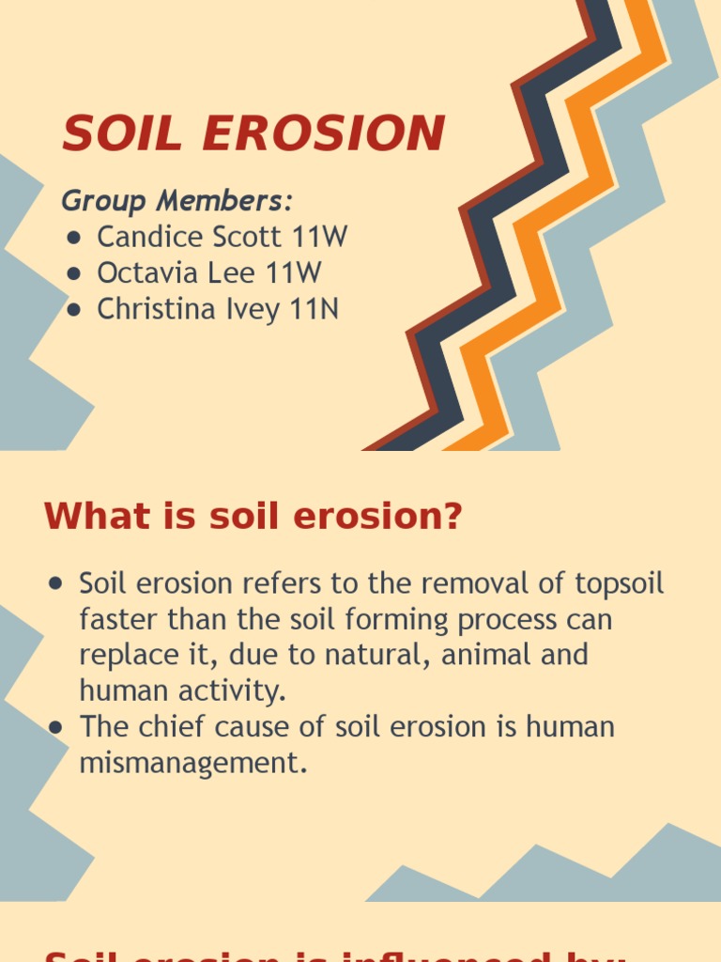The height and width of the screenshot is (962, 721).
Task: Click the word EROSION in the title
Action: tap(322, 133)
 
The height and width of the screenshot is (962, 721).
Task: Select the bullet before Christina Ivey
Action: tap(74, 311)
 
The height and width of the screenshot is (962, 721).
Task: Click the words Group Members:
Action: tap(177, 200)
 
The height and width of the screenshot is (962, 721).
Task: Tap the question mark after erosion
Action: tap(453, 516)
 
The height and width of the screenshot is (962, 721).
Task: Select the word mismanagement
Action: tap(193, 763)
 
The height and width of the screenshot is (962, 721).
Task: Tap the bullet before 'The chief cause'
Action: tap(55, 727)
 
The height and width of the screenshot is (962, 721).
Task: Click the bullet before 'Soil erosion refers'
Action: tap(55, 584)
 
